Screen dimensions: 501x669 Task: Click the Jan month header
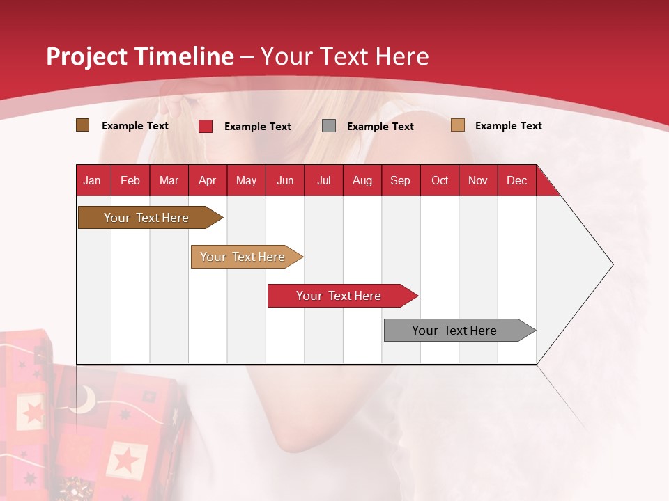[92, 180]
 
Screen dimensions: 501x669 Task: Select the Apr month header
[207, 180]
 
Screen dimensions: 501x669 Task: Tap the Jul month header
[323, 180]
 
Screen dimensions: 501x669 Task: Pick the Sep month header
[400, 180]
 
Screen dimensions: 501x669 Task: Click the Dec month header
[516, 180]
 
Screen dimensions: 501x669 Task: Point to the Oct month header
[440, 180]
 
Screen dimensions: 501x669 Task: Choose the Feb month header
[130, 180]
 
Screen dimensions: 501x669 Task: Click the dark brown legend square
[82, 125]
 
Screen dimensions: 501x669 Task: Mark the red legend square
[206, 126]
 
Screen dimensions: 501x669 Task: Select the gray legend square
[329, 126]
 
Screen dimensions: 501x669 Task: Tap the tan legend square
[458, 125]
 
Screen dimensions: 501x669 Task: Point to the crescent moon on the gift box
[85, 398]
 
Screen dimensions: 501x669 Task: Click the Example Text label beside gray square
[380, 127]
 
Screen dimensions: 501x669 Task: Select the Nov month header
[478, 180]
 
